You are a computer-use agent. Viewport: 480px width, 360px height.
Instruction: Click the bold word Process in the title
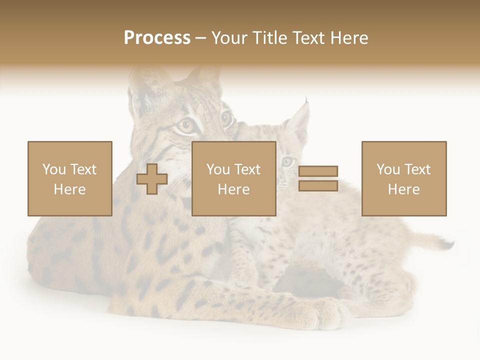pyautogui.click(x=157, y=38)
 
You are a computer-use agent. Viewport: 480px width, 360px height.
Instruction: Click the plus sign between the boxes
pyautogui.click(x=152, y=179)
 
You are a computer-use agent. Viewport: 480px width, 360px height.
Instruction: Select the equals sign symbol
pyautogui.click(x=318, y=178)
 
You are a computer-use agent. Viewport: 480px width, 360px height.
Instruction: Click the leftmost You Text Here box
pyautogui.click(x=70, y=178)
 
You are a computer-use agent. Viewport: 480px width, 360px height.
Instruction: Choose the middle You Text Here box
pyautogui.click(x=234, y=178)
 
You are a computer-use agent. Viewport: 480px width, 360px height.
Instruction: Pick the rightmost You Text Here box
pyautogui.click(x=404, y=178)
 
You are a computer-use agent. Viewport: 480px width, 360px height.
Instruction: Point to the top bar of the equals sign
pyautogui.click(x=318, y=171)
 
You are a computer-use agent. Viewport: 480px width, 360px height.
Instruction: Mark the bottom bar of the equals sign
pyautogui.click(x=318, y=185)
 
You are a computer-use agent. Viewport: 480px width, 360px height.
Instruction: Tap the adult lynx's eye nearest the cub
pyautogui.click(x=225, y=118)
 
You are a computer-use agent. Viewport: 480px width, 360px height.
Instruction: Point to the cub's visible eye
pyautogui.click(x=287, y=161)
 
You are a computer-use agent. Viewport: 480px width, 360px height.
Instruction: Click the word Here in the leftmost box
pyautogui.click(x=69, y=189)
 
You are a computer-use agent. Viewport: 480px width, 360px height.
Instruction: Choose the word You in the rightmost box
pyautogui.click(x=388, y=169)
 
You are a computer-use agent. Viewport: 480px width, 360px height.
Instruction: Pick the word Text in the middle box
pyautogui.click(x=247, y=169)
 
